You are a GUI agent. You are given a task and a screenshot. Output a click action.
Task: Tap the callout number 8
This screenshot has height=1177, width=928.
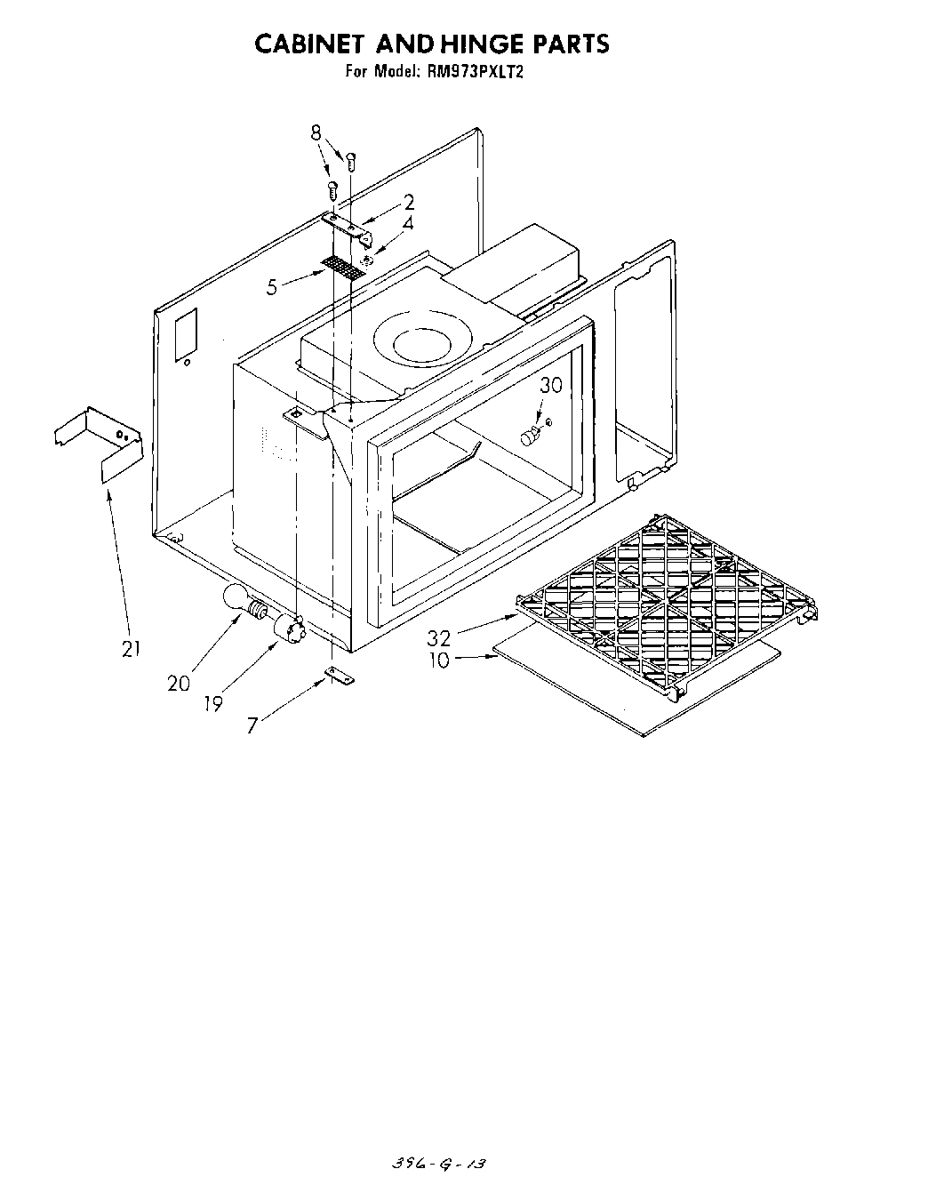(x=316, y=133)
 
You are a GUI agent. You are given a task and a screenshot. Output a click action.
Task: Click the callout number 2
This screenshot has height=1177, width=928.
(x=409, y=203)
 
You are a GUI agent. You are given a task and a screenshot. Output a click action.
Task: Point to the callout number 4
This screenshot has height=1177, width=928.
(x=407, y=224)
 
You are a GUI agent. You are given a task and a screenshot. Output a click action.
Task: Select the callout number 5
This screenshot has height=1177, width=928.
(x=272, y=286)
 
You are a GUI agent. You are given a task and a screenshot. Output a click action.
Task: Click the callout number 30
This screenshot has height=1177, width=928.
(x=551, y=385)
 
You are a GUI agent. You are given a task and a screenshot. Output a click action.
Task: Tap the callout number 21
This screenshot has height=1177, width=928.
(x=132, y=650)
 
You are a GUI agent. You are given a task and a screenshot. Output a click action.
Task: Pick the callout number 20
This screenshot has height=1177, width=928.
(x=178, y=683)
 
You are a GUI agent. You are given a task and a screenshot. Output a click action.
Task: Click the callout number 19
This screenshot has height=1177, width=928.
(x=212, y=703)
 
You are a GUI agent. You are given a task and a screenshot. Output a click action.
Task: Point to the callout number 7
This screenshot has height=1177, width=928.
(x=252, y=725)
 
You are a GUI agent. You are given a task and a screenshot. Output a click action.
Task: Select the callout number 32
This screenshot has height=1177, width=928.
(x=438, y=638)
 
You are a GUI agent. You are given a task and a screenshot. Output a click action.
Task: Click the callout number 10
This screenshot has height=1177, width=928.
(x=440, y=660)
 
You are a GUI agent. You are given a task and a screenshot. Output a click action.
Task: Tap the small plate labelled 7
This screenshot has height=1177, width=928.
(x=340, y=677)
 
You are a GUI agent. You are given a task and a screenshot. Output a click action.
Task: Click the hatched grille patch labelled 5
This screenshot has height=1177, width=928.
(x=345, y=268)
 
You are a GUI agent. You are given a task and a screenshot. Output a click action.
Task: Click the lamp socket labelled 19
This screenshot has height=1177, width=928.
(x=291, y=629)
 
